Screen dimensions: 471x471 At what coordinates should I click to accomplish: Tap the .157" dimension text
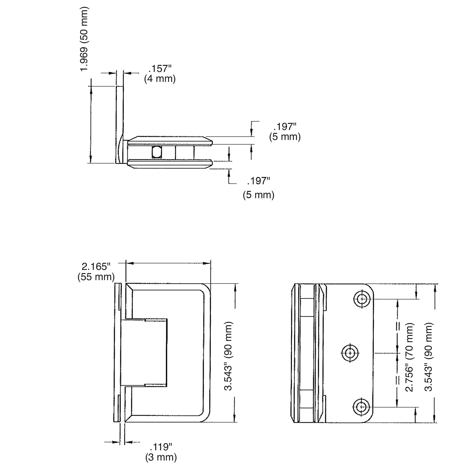pyautogui.click(x=160, y=69)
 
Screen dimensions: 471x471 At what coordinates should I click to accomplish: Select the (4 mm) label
pyautogui.click(x=160, y=79)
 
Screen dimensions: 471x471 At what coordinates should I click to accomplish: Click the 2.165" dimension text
pyautogui.click(x=96, y=267)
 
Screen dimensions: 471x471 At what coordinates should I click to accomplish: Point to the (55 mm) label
pyautogui.click(x=96, y=277)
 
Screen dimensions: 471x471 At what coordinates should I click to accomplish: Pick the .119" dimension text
pyautogui.click(x=161, y=447)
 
